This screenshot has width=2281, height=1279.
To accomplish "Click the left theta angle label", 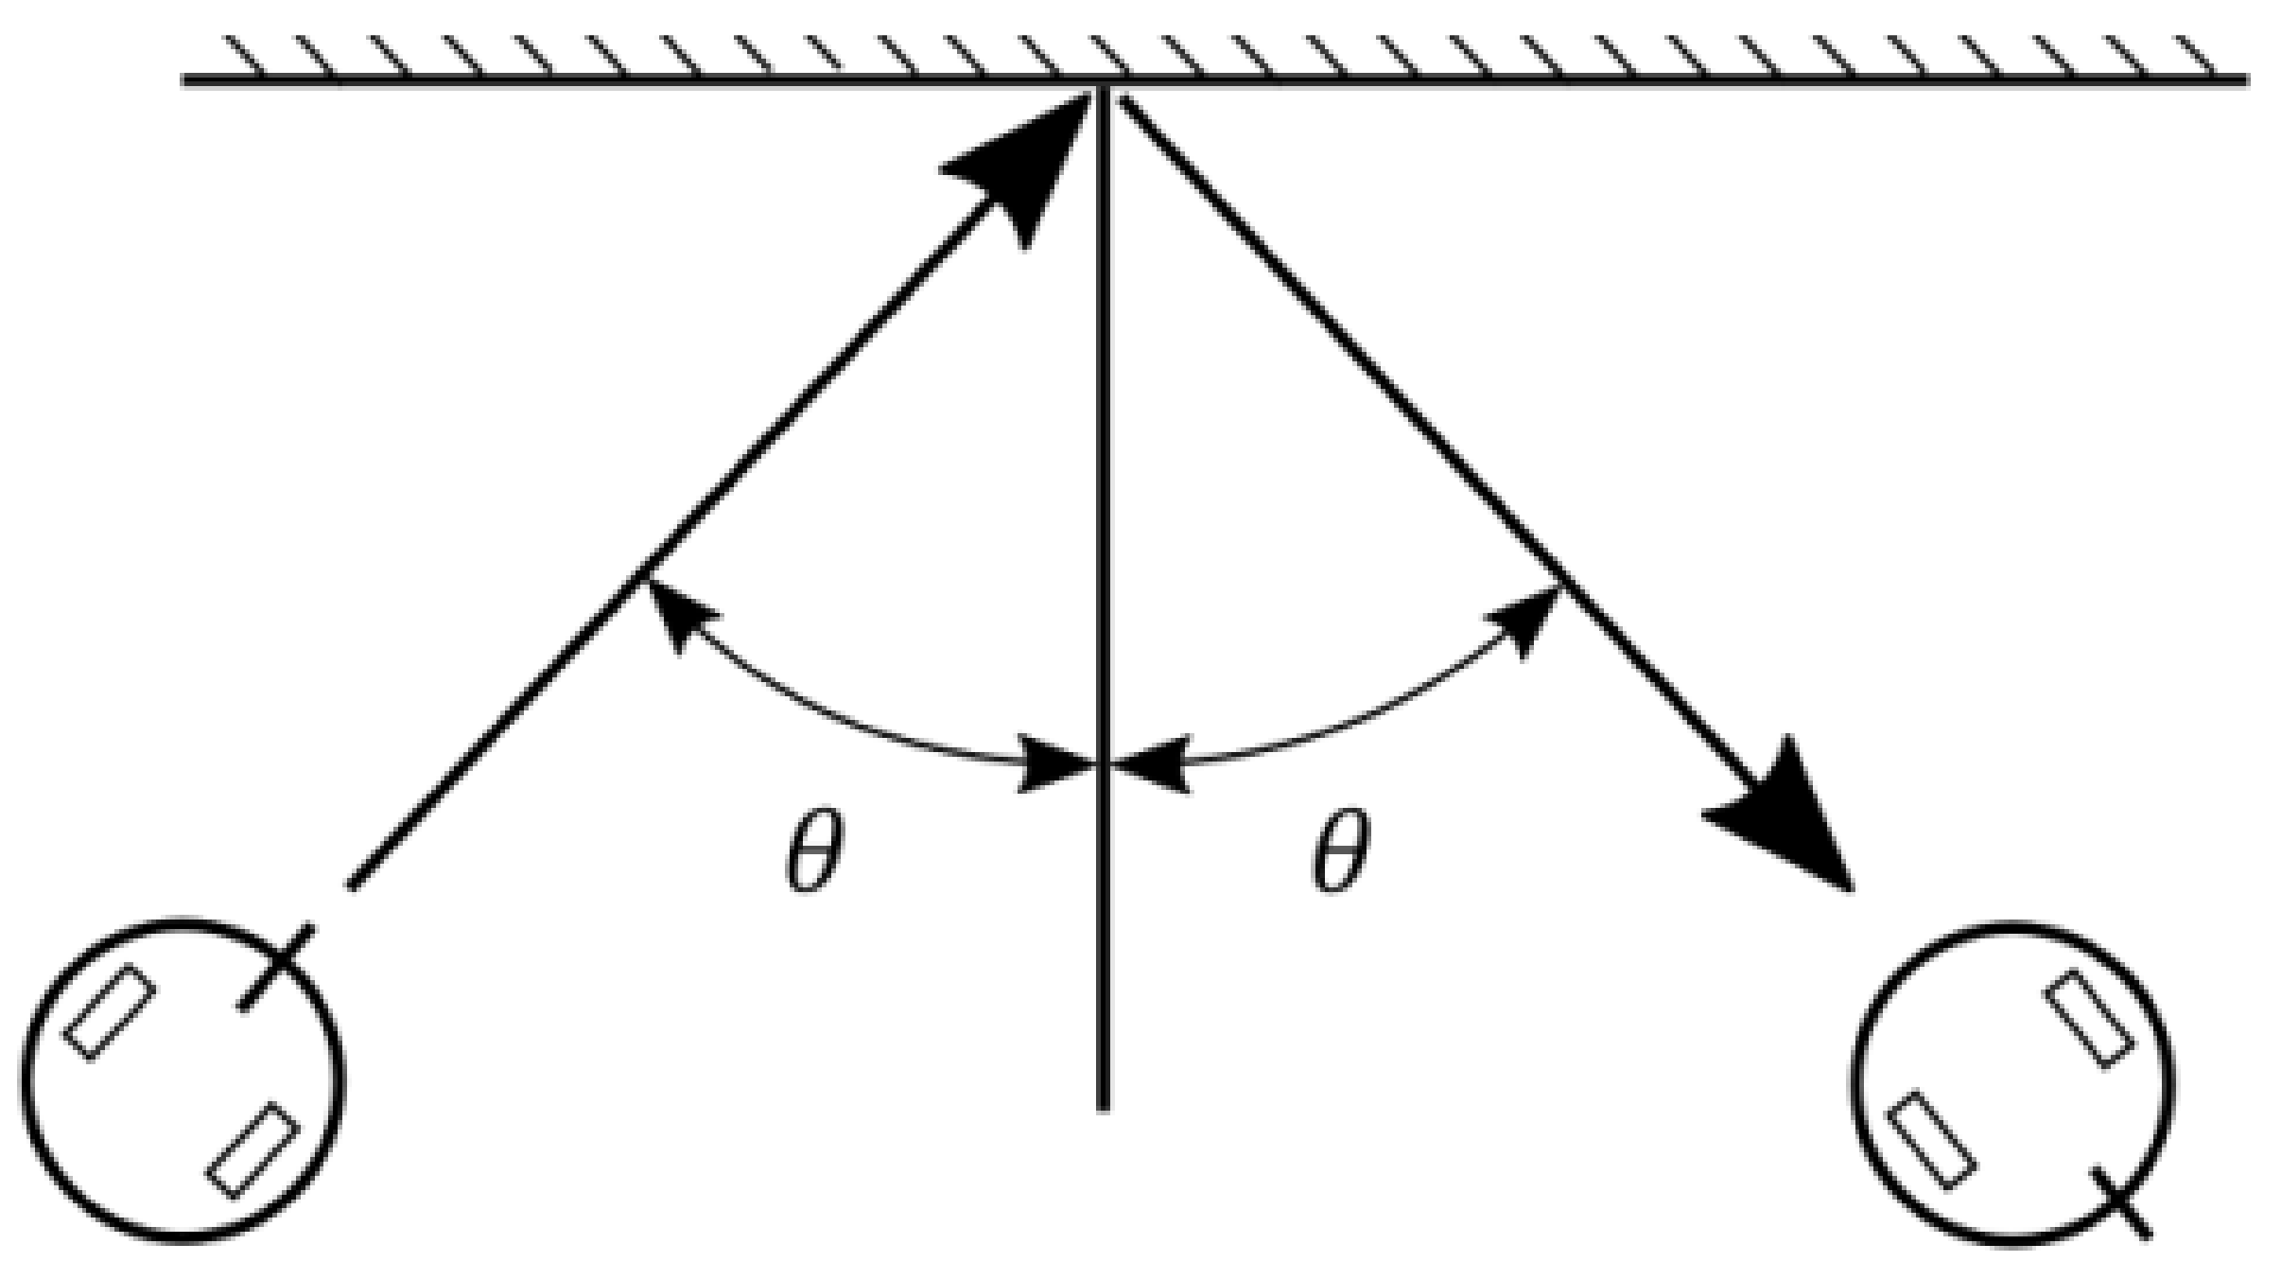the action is tap(813, 851).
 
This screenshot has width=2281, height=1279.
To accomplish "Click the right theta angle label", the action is tap(1340, 851).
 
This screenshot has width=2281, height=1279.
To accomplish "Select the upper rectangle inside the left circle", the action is tap(110, 1012).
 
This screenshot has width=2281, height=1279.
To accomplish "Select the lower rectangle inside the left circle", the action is tap(253, 1150).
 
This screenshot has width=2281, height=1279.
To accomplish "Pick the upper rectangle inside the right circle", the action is tap(2089, 1018).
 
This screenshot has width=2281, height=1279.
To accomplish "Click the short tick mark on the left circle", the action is tap(277, 967).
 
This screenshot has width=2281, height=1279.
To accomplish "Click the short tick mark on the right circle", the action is tap(2121, 1201).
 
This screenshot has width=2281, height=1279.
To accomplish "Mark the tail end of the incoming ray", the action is tap(352, 885).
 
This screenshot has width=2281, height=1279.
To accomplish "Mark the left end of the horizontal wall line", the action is tap(183, 80).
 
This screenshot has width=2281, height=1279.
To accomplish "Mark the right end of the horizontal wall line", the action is tap(2247, 80).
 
